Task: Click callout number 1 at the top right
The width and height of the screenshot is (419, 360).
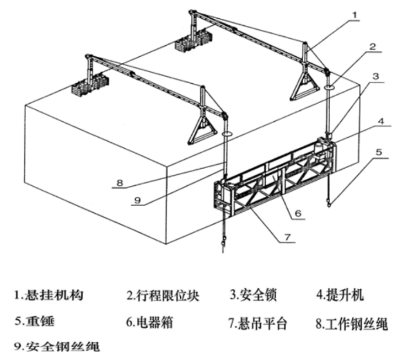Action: point(354,15)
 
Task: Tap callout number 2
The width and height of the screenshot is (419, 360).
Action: point(373,46)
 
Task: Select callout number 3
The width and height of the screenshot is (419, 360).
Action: point(375,76)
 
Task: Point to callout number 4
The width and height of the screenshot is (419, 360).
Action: point(382,121)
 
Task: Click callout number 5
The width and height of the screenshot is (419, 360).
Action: point(379,152)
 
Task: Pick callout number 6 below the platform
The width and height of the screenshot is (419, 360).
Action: point(298,213)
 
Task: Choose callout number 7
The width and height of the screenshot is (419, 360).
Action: point(288,237)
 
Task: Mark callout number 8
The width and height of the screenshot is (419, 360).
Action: point(120,183)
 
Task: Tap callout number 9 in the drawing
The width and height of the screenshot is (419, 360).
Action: point(137,200)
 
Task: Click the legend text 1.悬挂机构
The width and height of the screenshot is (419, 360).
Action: point(49,295)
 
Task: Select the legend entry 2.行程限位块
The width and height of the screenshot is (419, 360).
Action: point(163,295)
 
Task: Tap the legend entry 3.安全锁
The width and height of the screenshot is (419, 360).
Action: point(253,295)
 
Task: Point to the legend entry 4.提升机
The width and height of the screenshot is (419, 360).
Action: point(340,295)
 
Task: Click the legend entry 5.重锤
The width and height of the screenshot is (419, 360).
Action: point(35,321)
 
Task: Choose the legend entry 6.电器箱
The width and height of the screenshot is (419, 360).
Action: point(149,322)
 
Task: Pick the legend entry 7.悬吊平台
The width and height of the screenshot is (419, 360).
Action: point(258,323)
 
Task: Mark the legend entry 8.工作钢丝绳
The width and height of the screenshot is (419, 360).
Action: point(352,324)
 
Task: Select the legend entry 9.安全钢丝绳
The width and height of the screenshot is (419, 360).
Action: point(57,346)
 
